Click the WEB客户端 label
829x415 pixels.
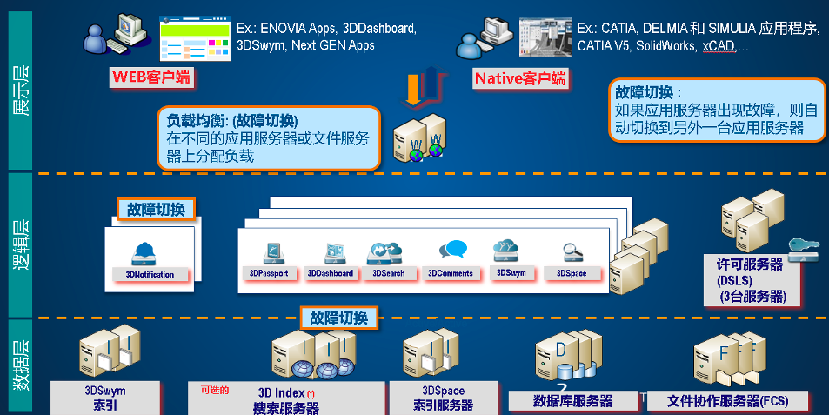[150, 78]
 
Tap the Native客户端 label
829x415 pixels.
[520, 79]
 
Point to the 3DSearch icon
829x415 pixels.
[384, 251]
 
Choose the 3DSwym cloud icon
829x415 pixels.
[506, 251]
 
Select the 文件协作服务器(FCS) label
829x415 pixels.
[726, 401]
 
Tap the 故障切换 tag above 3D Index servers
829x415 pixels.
[339, 318]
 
